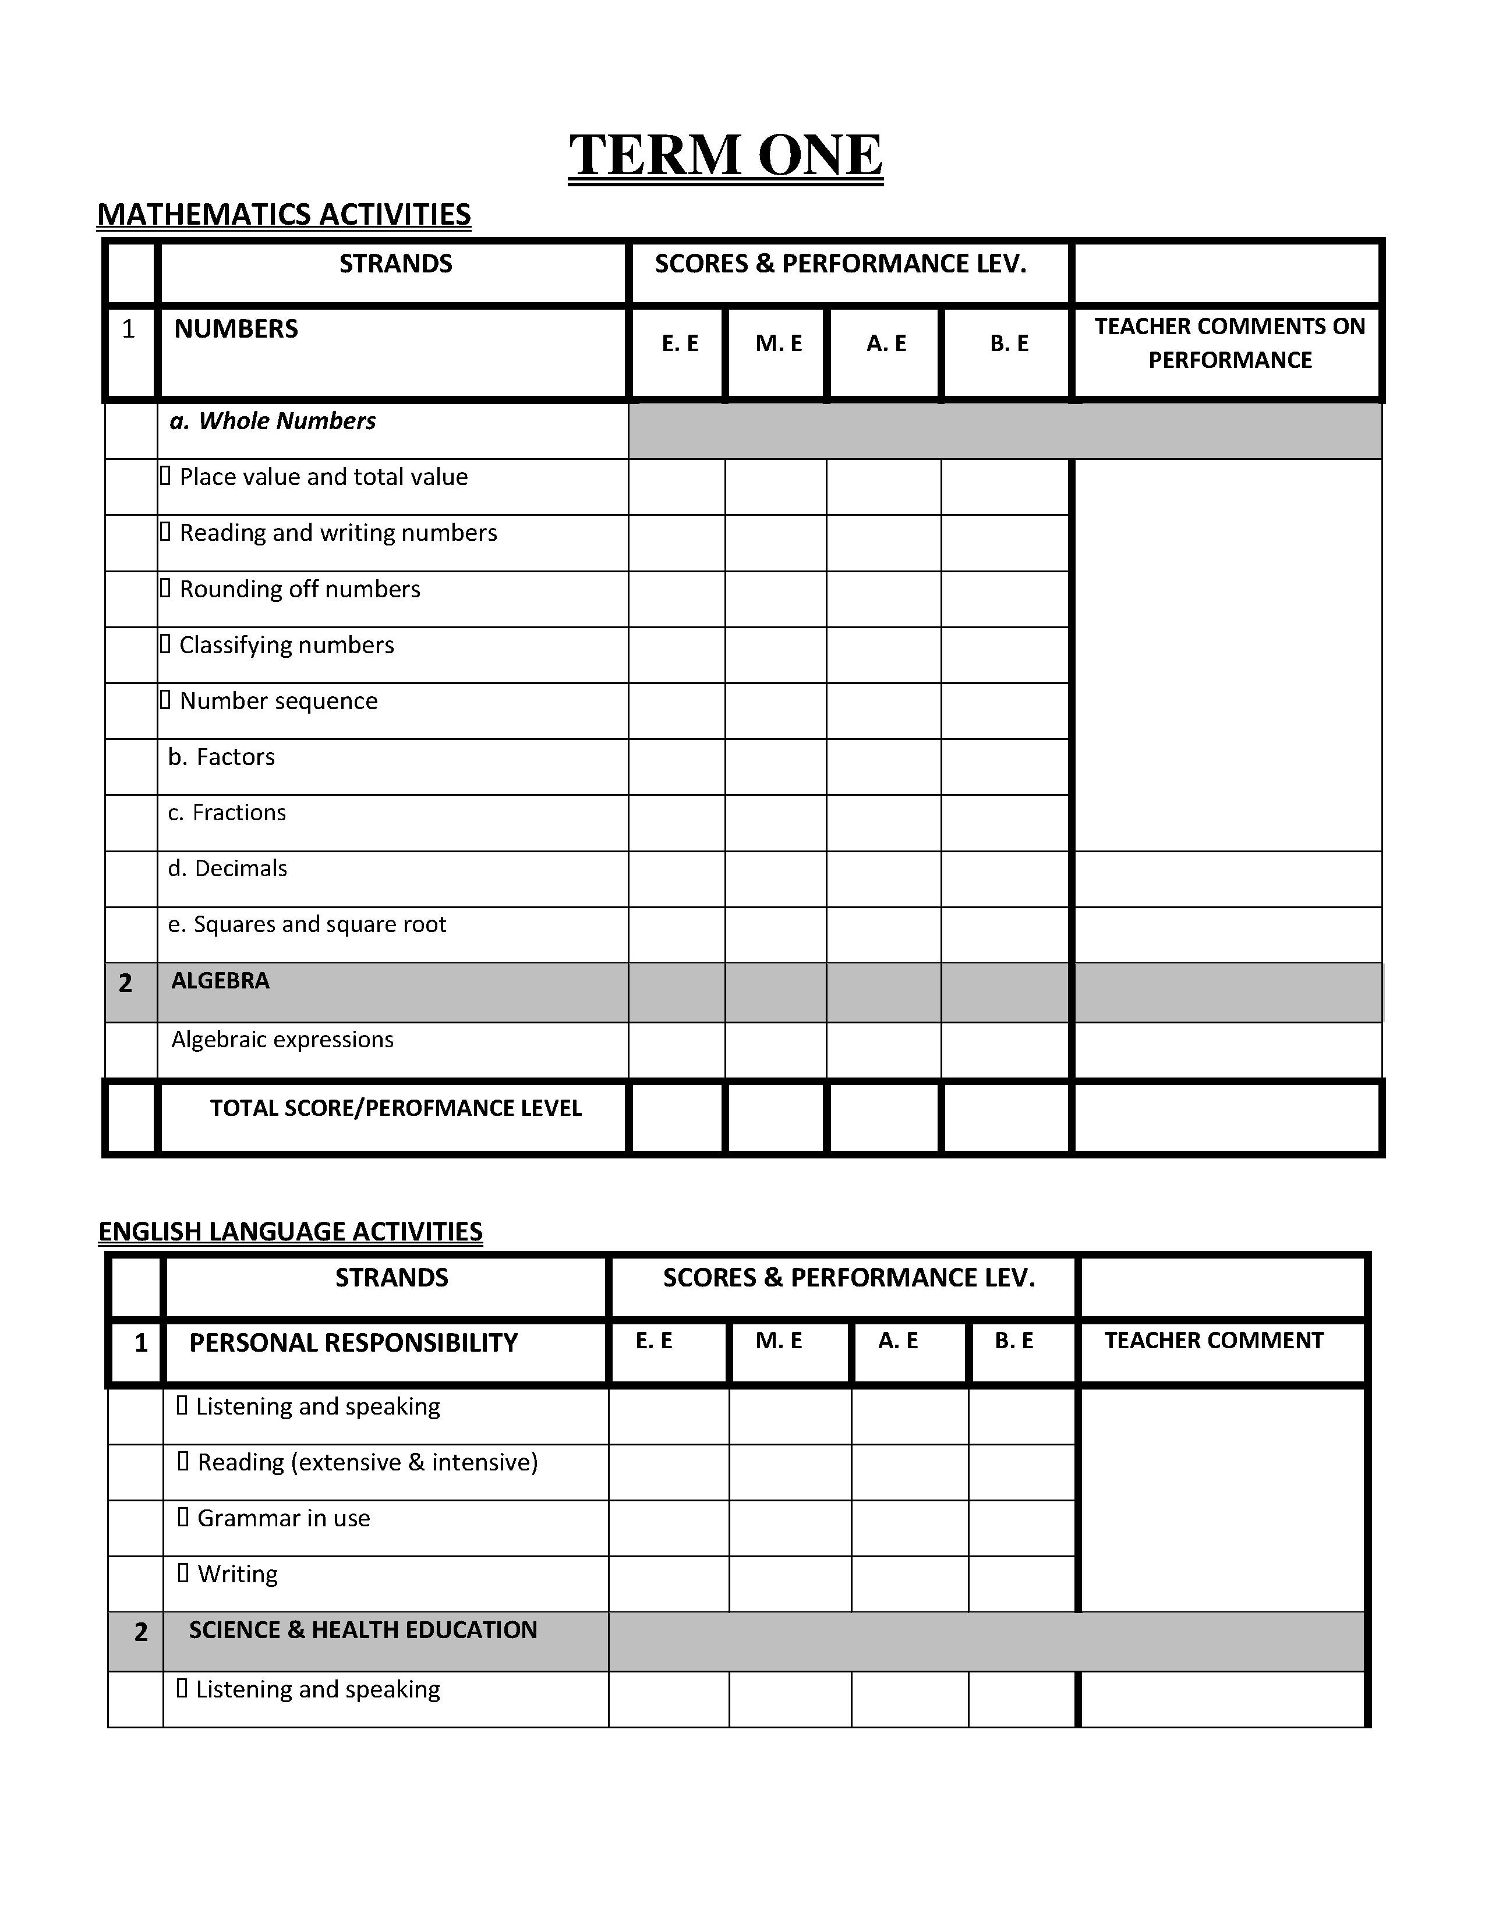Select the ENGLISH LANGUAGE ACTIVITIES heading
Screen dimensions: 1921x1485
pos(291,1231)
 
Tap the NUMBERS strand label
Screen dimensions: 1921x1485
pos(236,329)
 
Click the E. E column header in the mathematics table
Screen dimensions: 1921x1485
pos(679,344)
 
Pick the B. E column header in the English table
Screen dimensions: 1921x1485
pos(1013,1341)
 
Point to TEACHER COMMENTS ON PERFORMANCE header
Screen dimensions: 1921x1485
pos(1229,343)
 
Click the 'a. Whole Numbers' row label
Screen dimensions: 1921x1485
pos(273,421)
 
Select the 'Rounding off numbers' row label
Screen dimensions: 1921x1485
pos(299,589)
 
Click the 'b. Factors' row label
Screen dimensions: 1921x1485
pos(222,757)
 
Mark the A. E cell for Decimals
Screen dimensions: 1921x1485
pos(883,878)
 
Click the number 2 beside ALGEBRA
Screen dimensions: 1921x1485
pos(126,983)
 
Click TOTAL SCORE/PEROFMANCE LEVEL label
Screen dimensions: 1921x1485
pos(396,1108)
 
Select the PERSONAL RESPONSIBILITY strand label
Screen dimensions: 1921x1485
pos(353,1343)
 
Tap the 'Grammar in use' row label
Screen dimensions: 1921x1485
pos(282,1518)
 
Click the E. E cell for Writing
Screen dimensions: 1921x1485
pos(668,1583)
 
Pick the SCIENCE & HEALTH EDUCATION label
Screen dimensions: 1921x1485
pos(362,1630)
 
